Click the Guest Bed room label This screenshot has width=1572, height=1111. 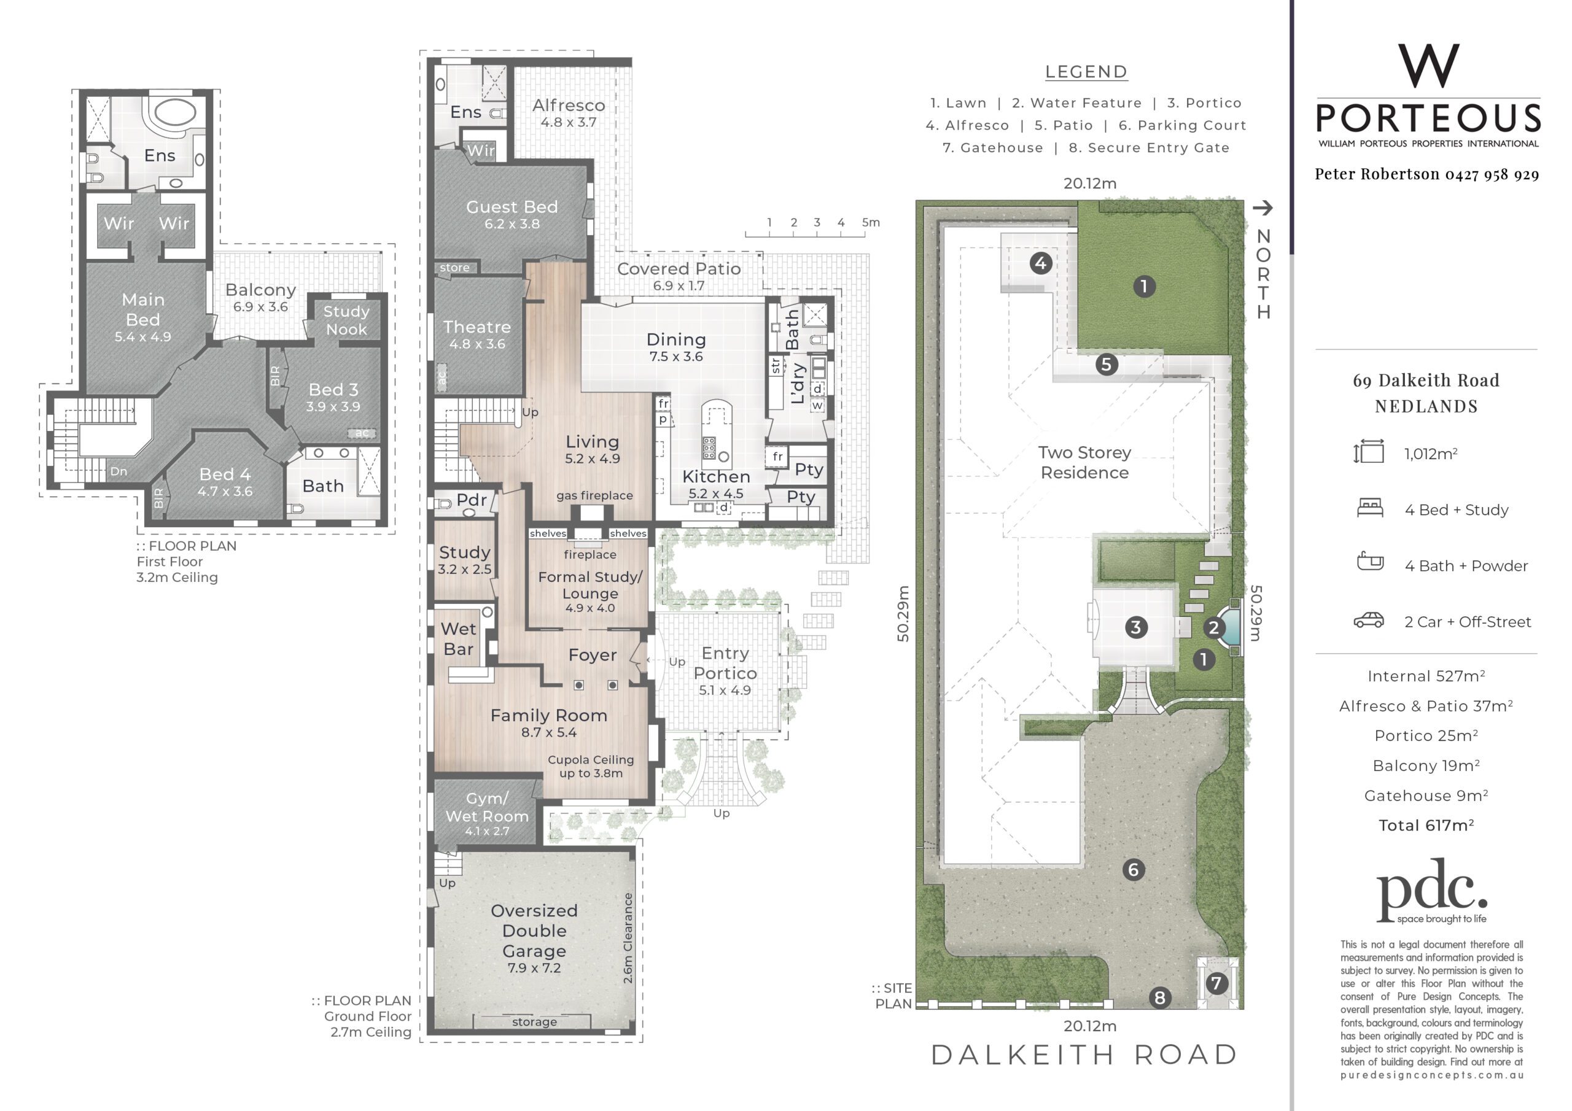(512, 207)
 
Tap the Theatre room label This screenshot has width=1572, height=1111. (477, 327)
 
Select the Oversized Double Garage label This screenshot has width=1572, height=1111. (534, 931)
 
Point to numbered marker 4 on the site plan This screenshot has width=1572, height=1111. (1041, 263)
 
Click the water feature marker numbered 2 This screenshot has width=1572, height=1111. (1214, 628)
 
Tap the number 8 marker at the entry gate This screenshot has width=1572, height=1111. (1160, 997)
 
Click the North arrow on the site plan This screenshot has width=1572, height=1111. (1263, 207)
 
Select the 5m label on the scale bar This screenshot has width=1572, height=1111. (871, 222)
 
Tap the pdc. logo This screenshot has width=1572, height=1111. (1431, 891)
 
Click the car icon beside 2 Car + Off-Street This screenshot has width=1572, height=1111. (1369, 620)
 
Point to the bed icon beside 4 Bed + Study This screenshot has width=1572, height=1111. (1370, 508)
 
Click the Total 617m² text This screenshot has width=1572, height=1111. (1426, 825)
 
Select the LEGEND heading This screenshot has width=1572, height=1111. (1086, 72)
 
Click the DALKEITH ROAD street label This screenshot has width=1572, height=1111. (1085, 1055)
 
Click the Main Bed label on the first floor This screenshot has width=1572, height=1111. (143, 309)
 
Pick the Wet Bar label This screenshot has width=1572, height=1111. (458, 638)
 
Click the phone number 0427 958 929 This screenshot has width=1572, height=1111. (1493, 174)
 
